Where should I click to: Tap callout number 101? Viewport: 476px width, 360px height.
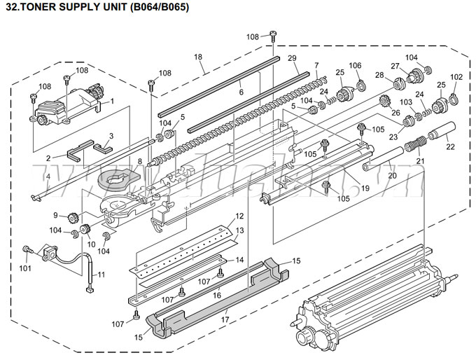click(25, 267)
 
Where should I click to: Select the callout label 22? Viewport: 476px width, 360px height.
click(450, 146)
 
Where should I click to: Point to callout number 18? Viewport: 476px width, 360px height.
click(198, 56)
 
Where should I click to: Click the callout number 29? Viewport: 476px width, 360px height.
click(292, 57)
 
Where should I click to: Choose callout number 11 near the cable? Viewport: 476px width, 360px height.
click(101, 275)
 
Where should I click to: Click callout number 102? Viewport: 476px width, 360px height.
click(456, 77)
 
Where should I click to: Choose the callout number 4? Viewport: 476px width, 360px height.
click(48, 176)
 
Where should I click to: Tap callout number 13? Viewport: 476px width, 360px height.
click(239, 230)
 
